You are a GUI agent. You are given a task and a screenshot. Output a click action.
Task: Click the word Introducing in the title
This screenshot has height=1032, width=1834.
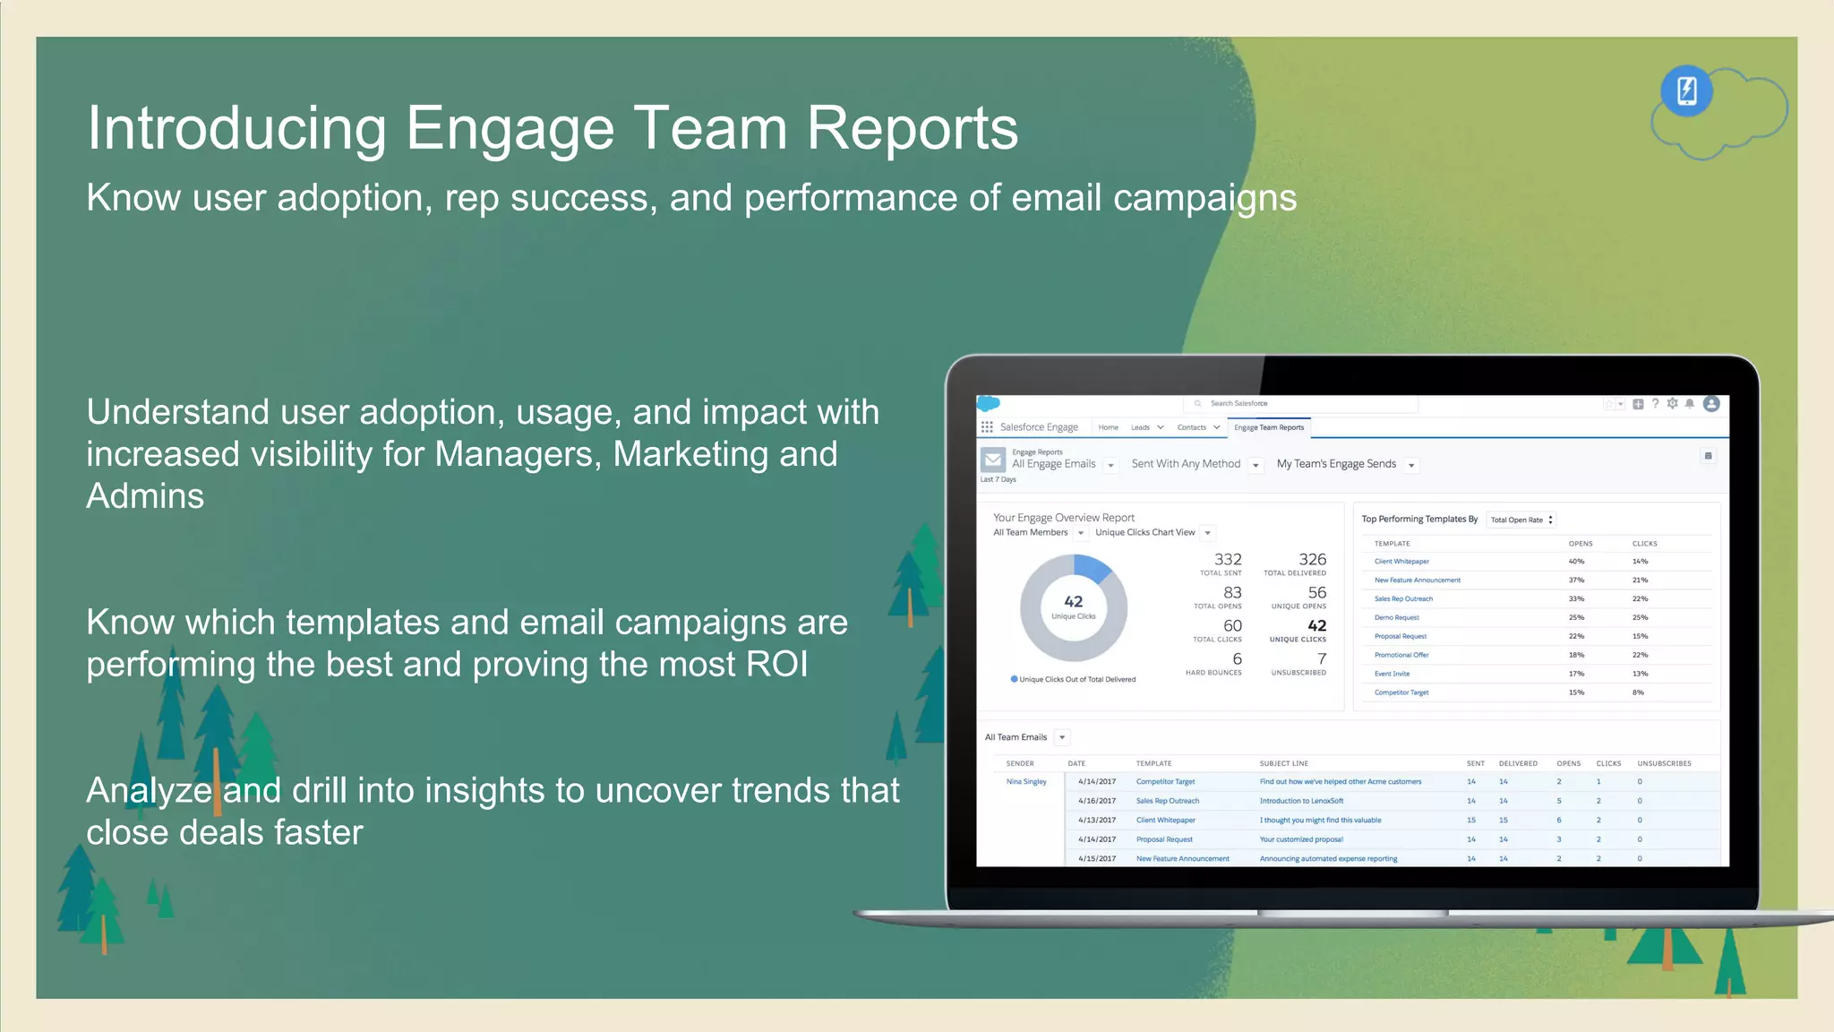[236, 128]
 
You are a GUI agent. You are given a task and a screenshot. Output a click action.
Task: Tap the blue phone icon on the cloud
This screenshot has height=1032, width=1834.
[1686, 90]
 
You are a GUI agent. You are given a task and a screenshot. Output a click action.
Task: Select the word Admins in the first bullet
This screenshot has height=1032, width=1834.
[145, 496]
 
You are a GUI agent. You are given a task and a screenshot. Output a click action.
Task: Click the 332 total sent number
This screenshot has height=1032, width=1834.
[1227, 559]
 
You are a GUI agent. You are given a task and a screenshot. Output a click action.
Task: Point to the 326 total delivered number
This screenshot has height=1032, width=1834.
[1312, 559]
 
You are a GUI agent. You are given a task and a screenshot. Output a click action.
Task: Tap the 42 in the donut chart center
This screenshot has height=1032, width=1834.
[1073, 602]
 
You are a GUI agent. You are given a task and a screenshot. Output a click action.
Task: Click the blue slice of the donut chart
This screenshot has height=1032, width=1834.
[1092, 568]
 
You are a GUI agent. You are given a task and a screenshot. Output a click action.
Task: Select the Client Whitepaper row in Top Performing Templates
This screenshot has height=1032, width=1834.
[1401, 562]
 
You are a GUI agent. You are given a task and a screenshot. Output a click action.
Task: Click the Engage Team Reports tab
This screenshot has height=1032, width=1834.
[1268, 427]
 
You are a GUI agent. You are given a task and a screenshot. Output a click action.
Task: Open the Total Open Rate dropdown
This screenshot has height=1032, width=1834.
[1521, 520]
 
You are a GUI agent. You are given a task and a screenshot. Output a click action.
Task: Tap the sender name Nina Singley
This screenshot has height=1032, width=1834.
[1025, 782]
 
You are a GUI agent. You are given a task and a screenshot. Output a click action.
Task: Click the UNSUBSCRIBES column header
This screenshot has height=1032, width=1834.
[1664, 764]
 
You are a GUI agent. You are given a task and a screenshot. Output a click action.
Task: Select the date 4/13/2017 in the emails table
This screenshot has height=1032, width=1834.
[1097, 821]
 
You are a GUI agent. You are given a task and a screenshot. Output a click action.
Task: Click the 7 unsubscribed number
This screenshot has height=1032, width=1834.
[1321, 658]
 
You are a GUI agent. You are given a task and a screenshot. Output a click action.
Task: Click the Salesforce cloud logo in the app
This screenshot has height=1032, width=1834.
[988, 404]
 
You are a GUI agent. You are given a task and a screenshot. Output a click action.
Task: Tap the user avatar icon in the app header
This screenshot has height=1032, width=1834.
[1710, 404]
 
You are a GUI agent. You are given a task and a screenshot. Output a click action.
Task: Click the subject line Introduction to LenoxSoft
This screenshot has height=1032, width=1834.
[1300, 801]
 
